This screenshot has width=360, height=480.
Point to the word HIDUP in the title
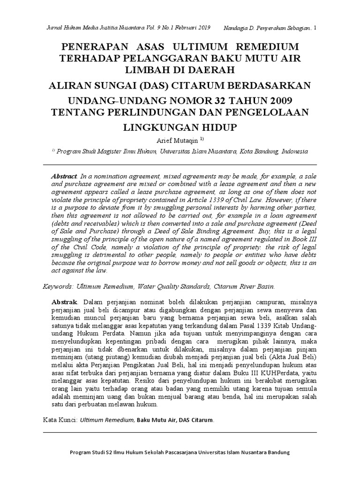[216, 127]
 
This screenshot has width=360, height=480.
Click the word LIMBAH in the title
[145, 69]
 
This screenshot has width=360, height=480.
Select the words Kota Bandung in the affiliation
[261, 152]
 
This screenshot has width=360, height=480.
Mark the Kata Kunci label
[59, 420]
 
